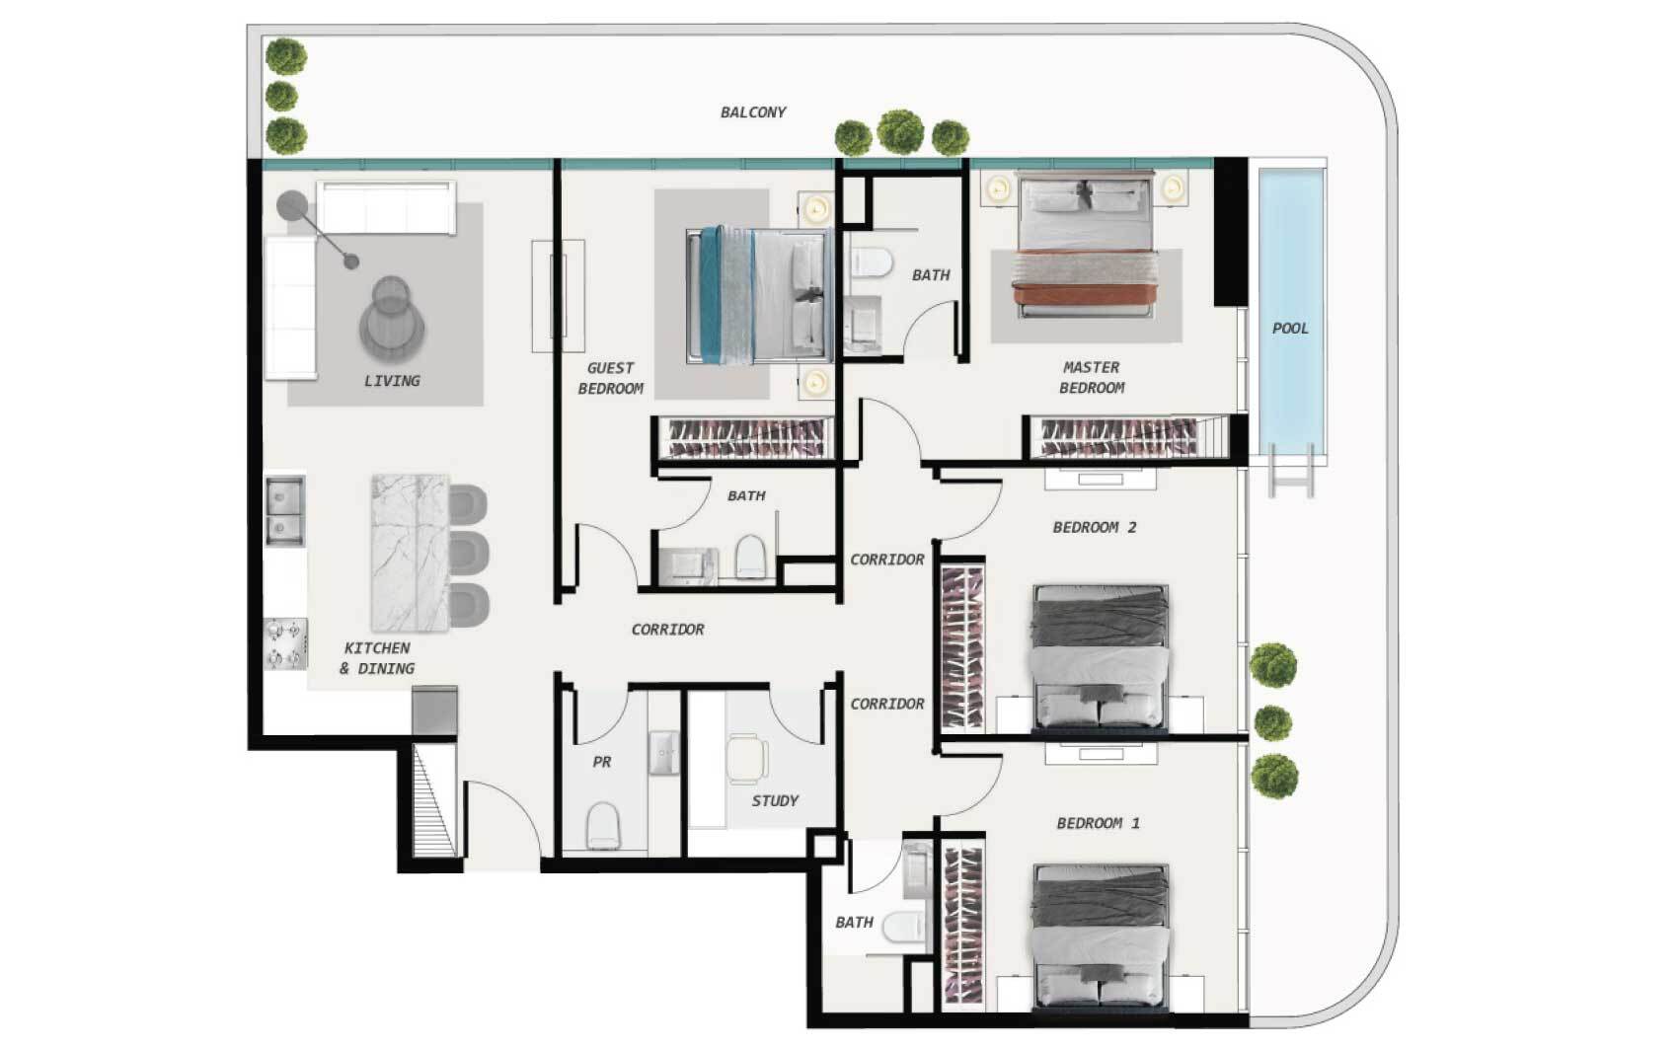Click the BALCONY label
753,112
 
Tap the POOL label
1290,328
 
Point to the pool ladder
1291,470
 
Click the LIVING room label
392,380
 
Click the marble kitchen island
410,553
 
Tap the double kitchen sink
284,510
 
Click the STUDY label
775,800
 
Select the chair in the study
747,759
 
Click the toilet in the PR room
602,825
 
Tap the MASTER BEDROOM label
1092,377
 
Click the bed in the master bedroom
1083,244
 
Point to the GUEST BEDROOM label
611,378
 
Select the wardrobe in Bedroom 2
961,647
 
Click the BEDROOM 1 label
1098,823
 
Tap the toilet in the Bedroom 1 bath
903,927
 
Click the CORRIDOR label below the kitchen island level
667,630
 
